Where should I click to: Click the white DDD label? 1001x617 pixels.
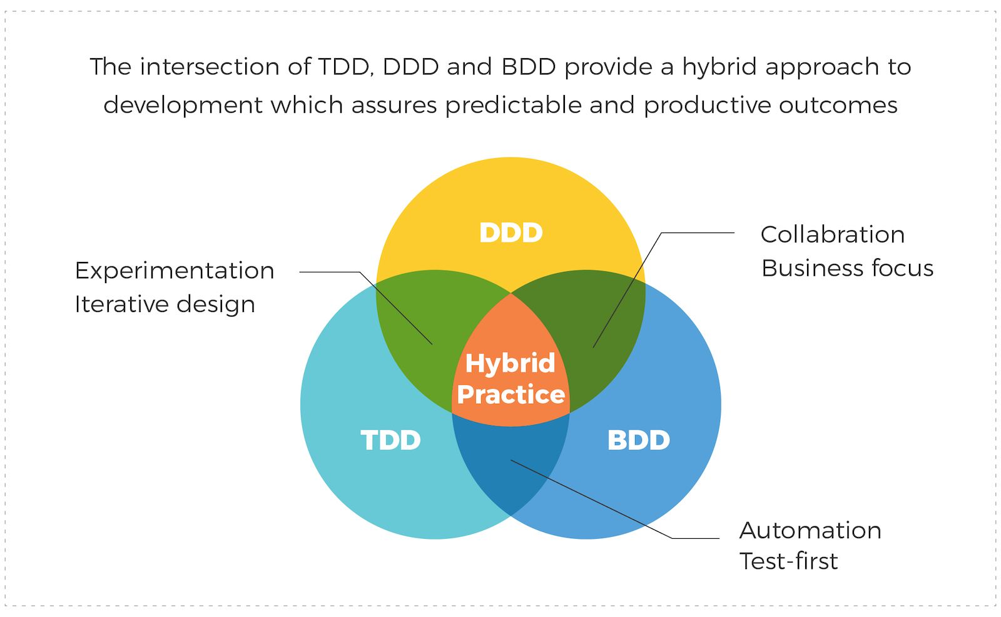pos(511,233)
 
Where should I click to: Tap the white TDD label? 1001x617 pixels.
pos(390,440)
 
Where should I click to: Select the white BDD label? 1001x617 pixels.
pos(638,440)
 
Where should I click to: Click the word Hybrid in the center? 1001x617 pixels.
pos(510,363)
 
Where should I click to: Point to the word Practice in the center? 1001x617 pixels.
pos(511,394)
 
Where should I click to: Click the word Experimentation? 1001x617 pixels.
pos(175,271)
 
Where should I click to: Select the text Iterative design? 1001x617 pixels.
pos(165,304)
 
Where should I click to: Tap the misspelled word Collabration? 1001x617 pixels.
pos(832,234)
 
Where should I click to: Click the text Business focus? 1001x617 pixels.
pos(847,268)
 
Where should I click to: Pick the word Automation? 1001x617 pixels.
pos(810,530)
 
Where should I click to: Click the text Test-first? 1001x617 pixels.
pos(788,561)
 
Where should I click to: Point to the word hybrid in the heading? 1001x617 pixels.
pos(719,66)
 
